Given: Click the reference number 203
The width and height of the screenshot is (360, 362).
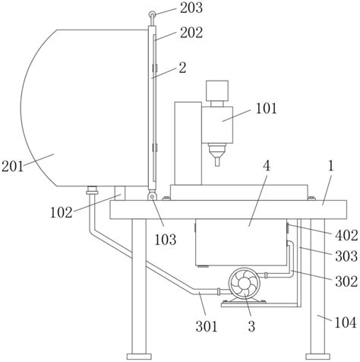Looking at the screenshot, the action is click(191, 8).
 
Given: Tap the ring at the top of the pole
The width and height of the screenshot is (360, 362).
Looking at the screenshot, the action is click(152, 14).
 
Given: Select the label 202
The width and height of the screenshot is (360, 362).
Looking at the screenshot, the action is click(191, 33).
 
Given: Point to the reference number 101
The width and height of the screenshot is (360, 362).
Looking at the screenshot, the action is click(267, 109).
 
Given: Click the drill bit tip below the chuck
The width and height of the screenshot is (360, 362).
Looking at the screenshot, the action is click(217, 161).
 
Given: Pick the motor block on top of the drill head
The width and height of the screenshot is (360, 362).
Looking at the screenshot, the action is click(217, 90).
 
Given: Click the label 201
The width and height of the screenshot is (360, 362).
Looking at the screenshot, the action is click(12, 167).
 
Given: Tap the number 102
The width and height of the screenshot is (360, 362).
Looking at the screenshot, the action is click(61, 212).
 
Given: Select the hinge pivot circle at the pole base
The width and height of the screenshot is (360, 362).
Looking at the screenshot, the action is click(152, 196).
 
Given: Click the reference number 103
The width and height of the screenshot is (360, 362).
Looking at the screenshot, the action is click(166, 240).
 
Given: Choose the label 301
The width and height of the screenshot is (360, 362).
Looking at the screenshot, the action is click(207, 326).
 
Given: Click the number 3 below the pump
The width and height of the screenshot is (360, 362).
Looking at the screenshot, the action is click(251, 326).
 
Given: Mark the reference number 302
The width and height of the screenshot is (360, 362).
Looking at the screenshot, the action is click(346, 281).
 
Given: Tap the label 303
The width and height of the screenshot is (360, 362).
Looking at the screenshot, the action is click(346, 256).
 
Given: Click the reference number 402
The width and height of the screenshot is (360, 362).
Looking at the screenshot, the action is click(346, 236).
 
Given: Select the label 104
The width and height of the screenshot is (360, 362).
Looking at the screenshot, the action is click(346, 323).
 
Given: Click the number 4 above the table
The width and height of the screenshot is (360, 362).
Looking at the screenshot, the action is click(267, 167).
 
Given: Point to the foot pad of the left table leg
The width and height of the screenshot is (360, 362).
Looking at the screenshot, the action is click(139, 357).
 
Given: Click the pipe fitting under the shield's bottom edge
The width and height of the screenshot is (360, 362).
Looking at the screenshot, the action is click(92, 190).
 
